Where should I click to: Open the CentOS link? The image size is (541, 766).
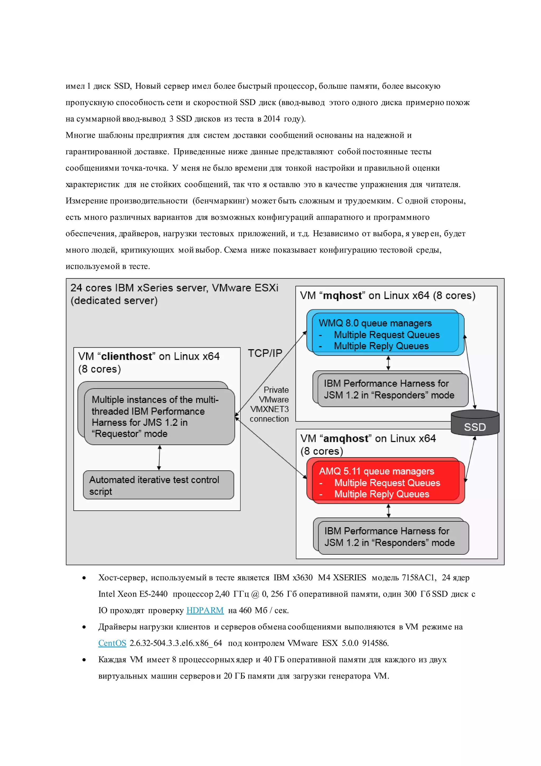click(x=112, y=643)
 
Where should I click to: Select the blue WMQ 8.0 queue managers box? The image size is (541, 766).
click(x=385, y=334)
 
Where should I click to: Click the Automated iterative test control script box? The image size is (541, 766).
click(x=158, y=485)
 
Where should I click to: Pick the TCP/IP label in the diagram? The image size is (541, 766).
click(x=265, y=353)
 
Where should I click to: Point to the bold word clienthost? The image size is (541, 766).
click(x=127, y=356)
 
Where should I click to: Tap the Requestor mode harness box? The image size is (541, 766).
click(x=159, y=416)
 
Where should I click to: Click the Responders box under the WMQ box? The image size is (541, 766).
click(x=393, y=389)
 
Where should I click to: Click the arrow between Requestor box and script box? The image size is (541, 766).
click(x=159, y=457)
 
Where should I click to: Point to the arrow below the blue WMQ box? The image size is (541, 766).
click(x=388, y=363)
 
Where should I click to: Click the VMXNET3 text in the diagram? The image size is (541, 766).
click(x=269, y=409)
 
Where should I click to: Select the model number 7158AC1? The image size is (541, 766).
click(x=418, y=577)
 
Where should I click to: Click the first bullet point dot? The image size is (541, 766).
click(x=84, y=578)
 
